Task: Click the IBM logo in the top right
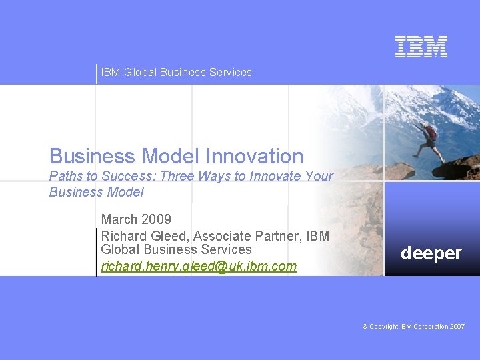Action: click(421, 46)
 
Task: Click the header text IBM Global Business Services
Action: click(176, 72)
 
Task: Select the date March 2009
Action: click(136, 219)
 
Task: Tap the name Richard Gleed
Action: click(143, 236)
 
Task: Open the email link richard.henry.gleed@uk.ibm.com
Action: click(199, 267)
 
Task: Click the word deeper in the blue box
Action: click(431, 253)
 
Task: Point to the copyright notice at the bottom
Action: click(413, 326)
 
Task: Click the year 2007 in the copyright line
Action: click(457, 326)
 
